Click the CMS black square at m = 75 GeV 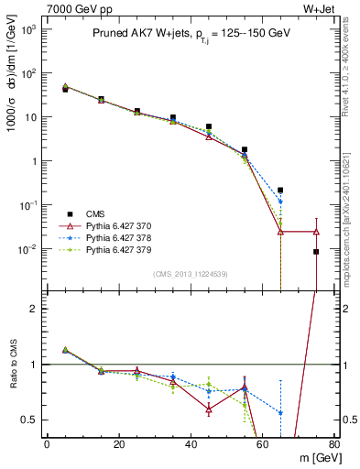[316, 251]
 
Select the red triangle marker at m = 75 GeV [316, 232]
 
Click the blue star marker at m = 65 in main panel [280, 202]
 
